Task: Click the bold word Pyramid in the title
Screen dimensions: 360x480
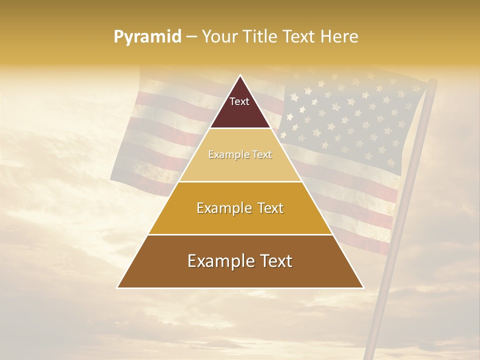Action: pos(147,37)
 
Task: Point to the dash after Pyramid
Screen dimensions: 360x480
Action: pos(191,37)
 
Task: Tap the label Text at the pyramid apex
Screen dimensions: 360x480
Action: pos(239,101)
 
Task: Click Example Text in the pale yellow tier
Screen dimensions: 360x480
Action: pos(240,155)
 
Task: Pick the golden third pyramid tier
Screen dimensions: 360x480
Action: pos(240,220)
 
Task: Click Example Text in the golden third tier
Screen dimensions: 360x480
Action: pos(240,208)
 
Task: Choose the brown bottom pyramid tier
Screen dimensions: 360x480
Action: pos(240,275)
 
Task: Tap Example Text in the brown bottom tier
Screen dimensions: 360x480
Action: pos(240,261)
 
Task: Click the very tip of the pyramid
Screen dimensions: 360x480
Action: pos(240,76)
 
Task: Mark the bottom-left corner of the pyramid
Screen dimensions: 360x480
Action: pos(117,287)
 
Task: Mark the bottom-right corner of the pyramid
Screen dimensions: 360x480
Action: pos(363,287)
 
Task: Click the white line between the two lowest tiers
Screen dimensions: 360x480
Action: pos(240,234)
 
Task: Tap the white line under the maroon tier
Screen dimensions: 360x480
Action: pos(240,128)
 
